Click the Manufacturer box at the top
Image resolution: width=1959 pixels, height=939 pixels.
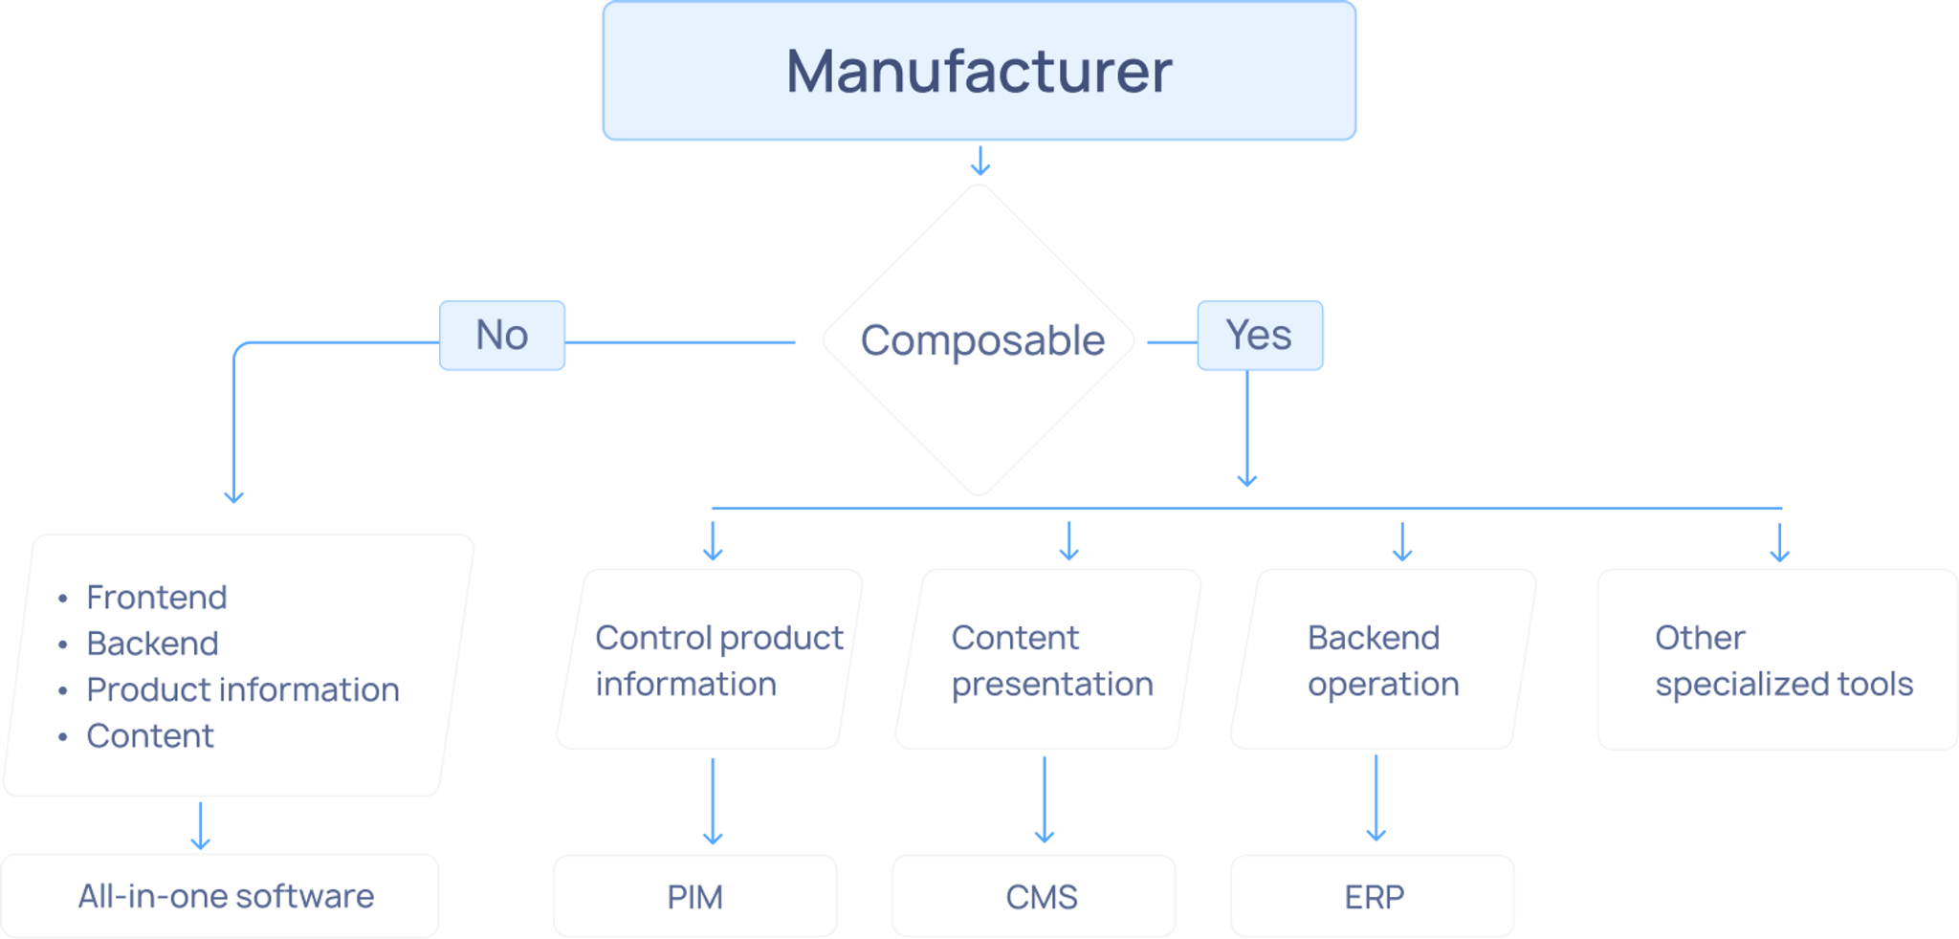(979, 72)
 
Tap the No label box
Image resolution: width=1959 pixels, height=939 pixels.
(502, 336)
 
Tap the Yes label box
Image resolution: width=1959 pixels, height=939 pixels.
(1259, 336)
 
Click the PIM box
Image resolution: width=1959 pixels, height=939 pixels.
(694, 897)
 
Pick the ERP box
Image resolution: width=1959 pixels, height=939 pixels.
(1374, 897)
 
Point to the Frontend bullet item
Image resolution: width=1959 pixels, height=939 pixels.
(157, 598)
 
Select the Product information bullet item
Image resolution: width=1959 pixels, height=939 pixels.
(242, 689)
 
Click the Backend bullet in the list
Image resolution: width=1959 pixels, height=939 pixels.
(152, 644)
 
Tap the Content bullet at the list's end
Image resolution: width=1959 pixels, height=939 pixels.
(150, 735)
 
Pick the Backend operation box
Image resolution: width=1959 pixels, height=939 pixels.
(1382, 660)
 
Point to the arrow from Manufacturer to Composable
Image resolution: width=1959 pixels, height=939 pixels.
(979, 161)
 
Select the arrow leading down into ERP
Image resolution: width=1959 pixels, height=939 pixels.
(1376, 798)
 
